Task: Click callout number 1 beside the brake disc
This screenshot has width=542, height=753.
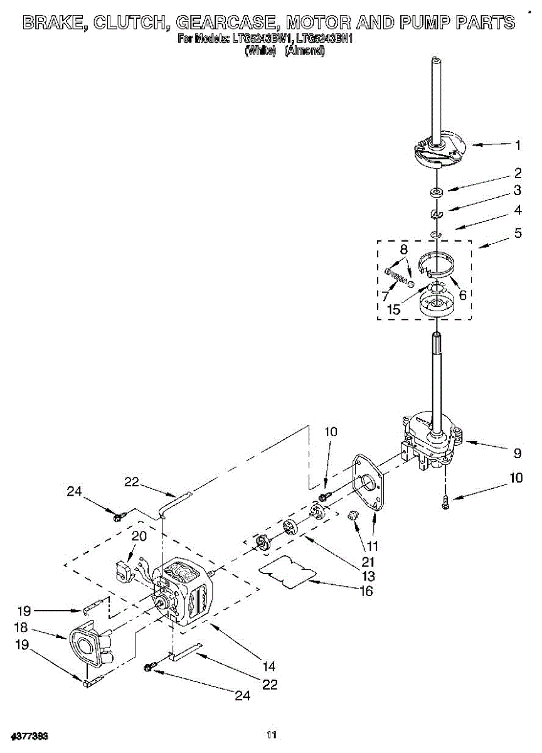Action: (x=518, y=146)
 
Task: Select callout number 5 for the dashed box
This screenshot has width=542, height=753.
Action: (x=518, y=233)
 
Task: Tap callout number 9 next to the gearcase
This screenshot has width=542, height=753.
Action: (x=518, y=452)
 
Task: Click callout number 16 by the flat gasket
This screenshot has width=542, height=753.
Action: (x=366, y=590)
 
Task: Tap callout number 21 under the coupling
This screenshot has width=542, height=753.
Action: (x=368, y=561)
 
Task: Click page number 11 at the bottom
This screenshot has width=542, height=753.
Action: (x=271, y=735)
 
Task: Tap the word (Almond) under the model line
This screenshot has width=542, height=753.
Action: (x=304, y=52)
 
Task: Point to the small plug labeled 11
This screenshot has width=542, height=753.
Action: (x=353, y=515)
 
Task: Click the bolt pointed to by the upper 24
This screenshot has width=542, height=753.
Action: (x=118, y=517)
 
